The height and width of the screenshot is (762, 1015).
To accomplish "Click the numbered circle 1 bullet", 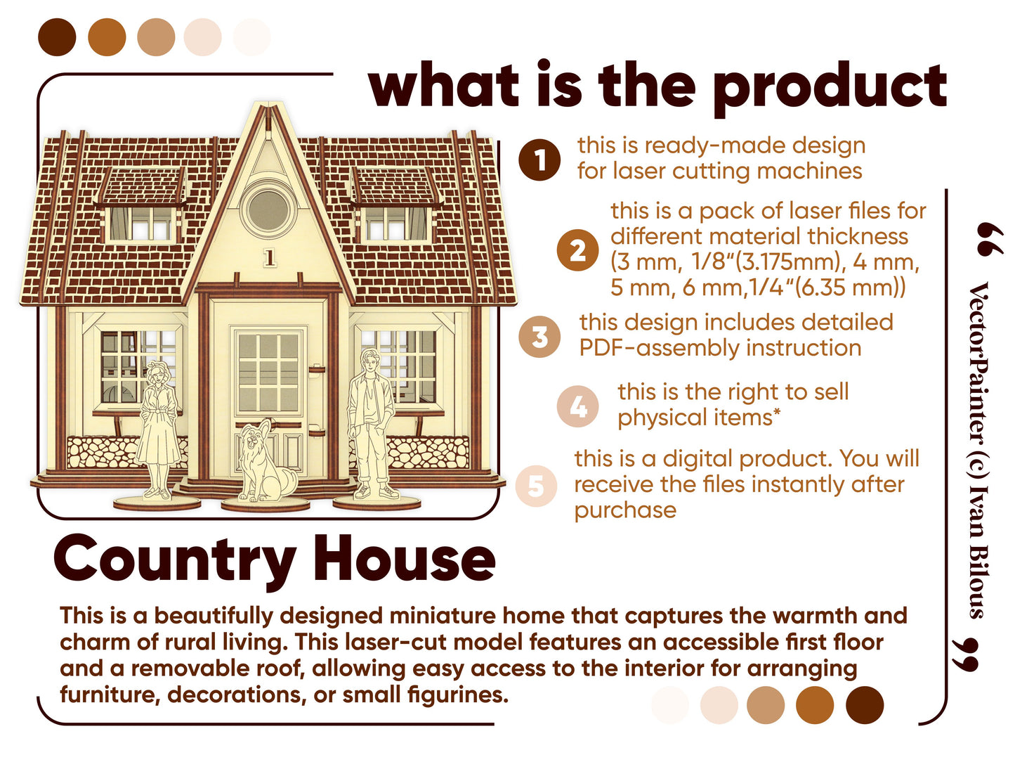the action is pos(539,160).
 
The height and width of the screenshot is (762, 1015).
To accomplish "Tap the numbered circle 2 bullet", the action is pos(577,250).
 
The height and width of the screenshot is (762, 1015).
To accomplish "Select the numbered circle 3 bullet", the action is pos(539,336).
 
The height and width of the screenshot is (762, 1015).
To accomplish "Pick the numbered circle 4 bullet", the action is pos(577,406).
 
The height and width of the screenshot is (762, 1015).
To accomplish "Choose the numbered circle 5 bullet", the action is pos(536,485).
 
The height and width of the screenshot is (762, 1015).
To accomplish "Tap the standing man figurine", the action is pos(373,423).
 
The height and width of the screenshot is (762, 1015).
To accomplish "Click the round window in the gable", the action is pos(268,209).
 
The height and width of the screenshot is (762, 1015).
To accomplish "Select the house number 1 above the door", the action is pos(270,258).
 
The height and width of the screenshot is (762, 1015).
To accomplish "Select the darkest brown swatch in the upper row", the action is pos(57,37).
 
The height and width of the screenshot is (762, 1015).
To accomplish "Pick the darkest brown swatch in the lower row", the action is pos(864,704).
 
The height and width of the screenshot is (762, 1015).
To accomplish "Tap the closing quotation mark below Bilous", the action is pos(965,654).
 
